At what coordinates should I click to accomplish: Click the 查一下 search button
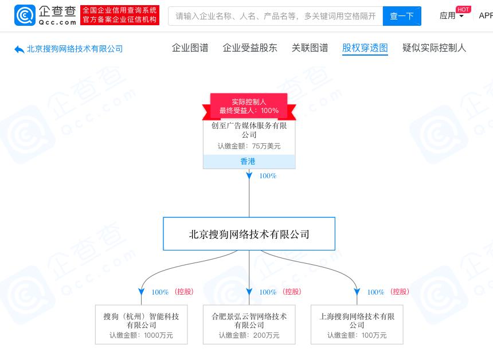(x=401, y=16)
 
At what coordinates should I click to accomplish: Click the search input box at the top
(x=275, y=16)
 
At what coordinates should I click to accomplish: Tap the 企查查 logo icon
(x=24, y=15)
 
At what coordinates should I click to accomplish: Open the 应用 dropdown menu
(x=452, y=16)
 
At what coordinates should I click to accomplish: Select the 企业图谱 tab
(x=190, y=48)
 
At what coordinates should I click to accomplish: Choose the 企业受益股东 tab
(x=250, y=48)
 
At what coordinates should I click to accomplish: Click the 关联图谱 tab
(x=310, y=48)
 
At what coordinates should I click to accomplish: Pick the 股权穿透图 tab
(x=365, y=48)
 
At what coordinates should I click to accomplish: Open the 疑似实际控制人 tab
(x=434, y=48)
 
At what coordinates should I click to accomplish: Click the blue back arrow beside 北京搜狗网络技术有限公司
(x=19, y=49)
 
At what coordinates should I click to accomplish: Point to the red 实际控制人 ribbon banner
(x=249, y=106)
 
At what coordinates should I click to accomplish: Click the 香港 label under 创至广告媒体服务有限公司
(x=248, y=162)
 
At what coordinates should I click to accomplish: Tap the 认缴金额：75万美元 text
(x=249, y=146)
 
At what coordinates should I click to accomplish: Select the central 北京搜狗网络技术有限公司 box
(x=249, y=234)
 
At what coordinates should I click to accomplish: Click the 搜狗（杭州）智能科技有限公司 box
(x=141, y=324)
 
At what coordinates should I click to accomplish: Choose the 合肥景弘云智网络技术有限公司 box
(x=249, y=324)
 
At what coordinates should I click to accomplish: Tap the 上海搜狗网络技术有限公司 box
(x=357, y=324)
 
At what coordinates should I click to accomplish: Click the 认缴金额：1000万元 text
(x=141, y=335)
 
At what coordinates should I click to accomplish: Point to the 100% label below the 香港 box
(x=268, y=176)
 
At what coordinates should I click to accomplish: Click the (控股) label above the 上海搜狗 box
(x=400, y=292)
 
